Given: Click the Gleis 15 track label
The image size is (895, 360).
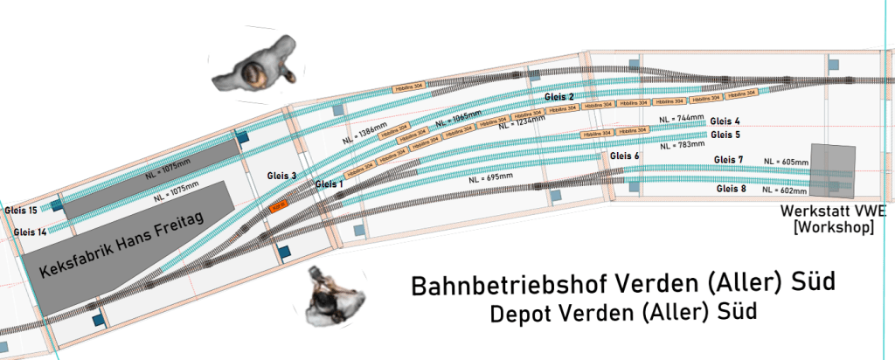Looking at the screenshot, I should (20, 211).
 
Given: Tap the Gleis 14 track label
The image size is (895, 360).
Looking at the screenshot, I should (31, 232).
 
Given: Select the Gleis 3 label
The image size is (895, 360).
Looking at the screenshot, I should (281, 176).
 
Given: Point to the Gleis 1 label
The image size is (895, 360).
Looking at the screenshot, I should (330, 184).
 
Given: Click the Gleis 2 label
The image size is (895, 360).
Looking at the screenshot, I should (559, 96).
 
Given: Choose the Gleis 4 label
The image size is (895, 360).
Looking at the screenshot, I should (725, 121).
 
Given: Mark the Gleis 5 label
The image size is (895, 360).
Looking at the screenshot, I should (725, 135).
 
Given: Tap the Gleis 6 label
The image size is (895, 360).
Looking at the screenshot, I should (625, 156).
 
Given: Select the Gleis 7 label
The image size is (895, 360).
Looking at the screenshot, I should (728, 160).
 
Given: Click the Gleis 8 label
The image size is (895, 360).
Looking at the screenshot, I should (730, 189).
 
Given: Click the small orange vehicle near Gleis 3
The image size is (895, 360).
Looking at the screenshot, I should (280, 208).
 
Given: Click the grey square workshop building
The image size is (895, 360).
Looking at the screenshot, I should (832, 171).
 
